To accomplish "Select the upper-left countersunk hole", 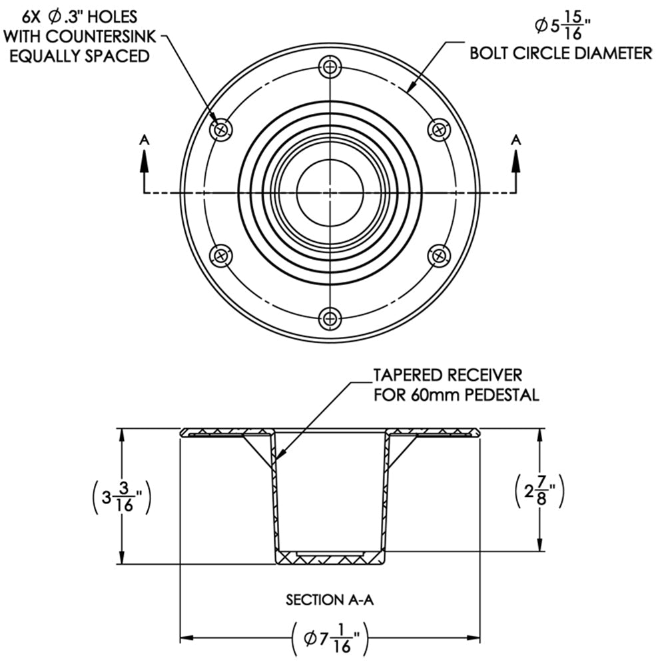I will pyautogui.click(x=221, y=129).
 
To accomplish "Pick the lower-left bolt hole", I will pyautogui.click(x=221, y=254).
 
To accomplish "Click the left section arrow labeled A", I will pyautogui.click(x=145, y=160).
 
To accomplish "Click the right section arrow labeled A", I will pyautogui.click(x=515, y=160).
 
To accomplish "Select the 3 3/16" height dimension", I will pyautogui.click(x=120, y=497).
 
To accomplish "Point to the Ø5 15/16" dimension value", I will pyautogui.click(x=563, y=27).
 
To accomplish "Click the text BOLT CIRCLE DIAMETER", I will pyautogui.click(x=561, y=54).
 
